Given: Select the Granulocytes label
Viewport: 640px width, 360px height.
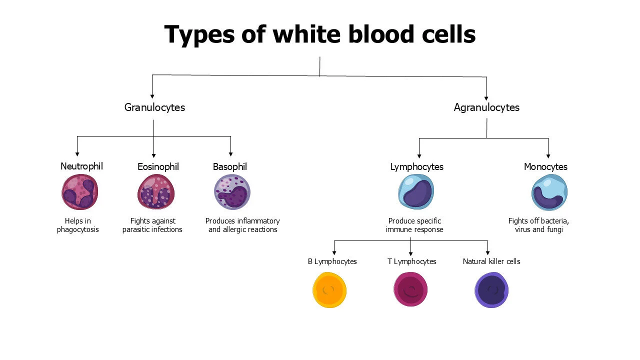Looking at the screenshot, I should (154, 107).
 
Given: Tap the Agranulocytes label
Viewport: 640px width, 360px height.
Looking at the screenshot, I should (486, 107).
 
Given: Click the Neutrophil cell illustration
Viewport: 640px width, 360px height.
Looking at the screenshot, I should (80, 191).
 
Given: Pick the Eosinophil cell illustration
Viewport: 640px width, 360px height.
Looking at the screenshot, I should (155, 191).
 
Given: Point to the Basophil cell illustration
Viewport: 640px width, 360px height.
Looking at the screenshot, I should (232, 192).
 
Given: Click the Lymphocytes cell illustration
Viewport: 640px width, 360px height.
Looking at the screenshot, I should (416, 192).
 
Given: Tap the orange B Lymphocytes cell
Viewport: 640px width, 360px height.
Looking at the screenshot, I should (329, 290).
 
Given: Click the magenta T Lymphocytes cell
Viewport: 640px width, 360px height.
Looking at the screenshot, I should (411, 289).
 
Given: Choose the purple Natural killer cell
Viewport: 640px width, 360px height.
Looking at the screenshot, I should (492, 290).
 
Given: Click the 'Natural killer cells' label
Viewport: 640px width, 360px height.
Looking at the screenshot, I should (491, 261).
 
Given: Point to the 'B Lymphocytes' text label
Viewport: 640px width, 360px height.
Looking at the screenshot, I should (332, 261).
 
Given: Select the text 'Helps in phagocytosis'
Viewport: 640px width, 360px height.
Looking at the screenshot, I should (78, 225).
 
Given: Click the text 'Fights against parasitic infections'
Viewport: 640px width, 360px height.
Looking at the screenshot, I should (152, 225).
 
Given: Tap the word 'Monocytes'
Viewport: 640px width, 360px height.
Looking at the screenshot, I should (545, 167).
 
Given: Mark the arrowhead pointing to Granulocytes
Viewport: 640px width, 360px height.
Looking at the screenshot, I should (152, 96).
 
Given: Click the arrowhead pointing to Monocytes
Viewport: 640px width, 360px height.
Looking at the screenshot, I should (548, 155).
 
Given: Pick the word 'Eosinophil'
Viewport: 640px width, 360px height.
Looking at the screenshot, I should (158, 167).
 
